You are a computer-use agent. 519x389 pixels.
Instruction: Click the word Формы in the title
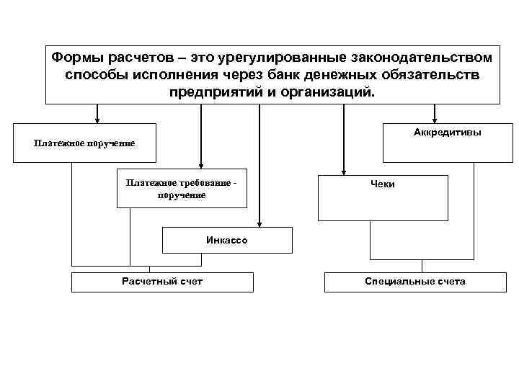pos(77,57)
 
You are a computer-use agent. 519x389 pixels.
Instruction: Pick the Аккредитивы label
pos(448,133)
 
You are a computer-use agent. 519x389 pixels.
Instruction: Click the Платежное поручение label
pos(84,143)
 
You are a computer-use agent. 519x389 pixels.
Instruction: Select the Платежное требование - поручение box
pos(181,189)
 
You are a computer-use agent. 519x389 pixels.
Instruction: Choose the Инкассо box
pos(227,240)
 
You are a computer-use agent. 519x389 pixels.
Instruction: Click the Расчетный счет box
pos(162,281)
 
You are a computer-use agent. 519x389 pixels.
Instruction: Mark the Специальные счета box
pos(414,281)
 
